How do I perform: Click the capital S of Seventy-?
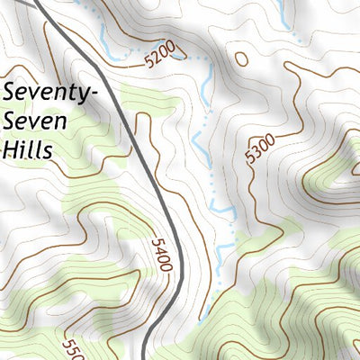tap(11, 92)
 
